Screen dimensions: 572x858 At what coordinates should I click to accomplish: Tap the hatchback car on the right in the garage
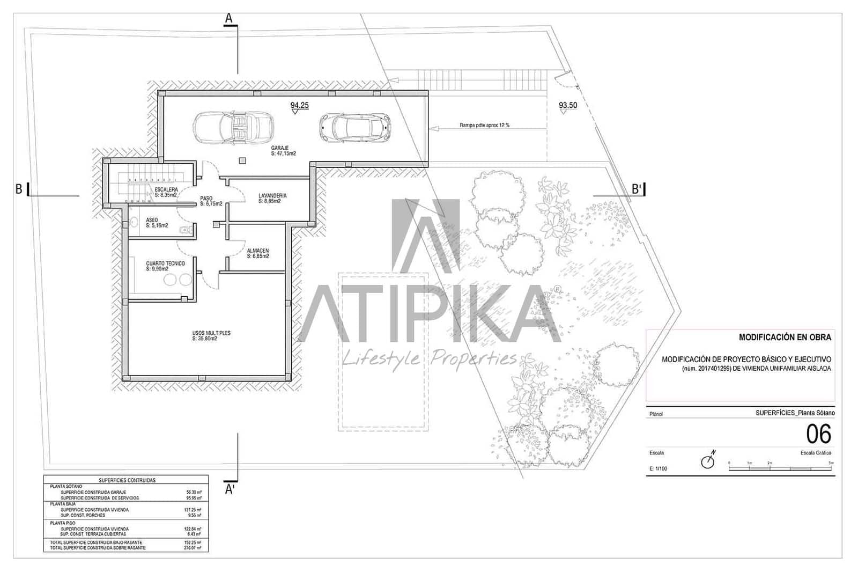click(354, 128)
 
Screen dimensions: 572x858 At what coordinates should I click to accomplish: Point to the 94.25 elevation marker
click(299, 106)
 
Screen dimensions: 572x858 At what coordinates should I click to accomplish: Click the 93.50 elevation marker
click(567, 106)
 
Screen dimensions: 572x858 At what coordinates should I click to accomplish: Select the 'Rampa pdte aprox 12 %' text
click(484, 125)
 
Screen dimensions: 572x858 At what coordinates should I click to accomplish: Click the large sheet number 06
click(818, 433)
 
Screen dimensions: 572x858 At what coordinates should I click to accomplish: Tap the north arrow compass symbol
click(708, 460)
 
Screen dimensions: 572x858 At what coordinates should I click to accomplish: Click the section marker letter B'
click(637, 189)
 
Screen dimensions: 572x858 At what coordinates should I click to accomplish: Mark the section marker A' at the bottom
click(230, 489)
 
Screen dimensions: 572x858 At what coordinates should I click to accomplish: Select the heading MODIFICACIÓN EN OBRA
click(785, 338)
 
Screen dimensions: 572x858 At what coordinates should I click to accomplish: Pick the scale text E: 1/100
click(658, 468)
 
